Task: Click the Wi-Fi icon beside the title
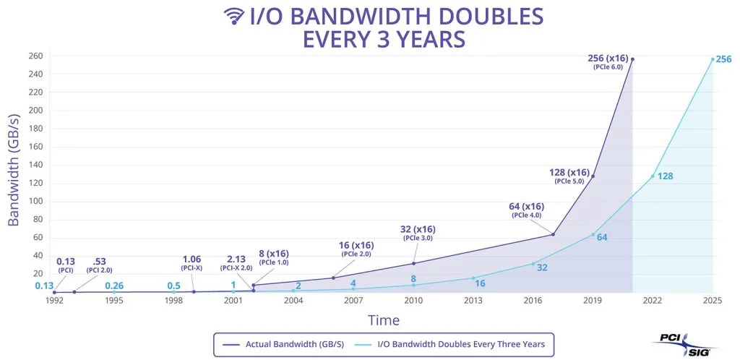(x=233, y=16)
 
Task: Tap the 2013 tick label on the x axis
(x=473, y=300)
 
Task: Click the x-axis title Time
(x=384, y=320)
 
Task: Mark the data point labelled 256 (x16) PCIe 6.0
(x=632, y=59)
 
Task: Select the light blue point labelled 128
(x=653, y=176)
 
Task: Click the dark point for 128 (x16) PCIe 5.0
(x=593, y=176)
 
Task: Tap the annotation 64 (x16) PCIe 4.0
(x=526, y=210)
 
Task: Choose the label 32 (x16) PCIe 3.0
(x=418, y=233)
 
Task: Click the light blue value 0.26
(x=114, y=286)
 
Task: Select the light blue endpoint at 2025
(x=713, y=59)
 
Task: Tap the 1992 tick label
(x=54, y=300)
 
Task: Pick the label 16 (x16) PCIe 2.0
(x=356, y=249)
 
